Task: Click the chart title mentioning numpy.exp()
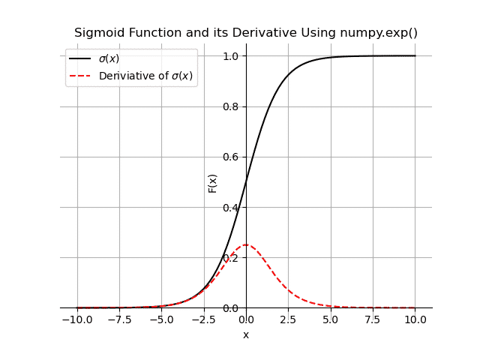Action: coord(246,33)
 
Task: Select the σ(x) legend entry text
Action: coord(109,58)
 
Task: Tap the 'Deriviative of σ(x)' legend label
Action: coord(145,76)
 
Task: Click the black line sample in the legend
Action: coord(80,58)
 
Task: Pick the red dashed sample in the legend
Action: coord(80,76)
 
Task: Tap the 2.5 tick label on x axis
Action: coord(289,319)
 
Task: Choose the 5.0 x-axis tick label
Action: coord(331,319)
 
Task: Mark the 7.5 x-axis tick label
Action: coord(373,319)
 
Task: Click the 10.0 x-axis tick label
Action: coord(415,319)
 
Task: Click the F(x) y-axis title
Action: coord(213,183)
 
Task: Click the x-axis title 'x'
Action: coord(246,334)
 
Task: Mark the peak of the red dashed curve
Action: coord(246,244)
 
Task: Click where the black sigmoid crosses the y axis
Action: coord(246,181)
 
